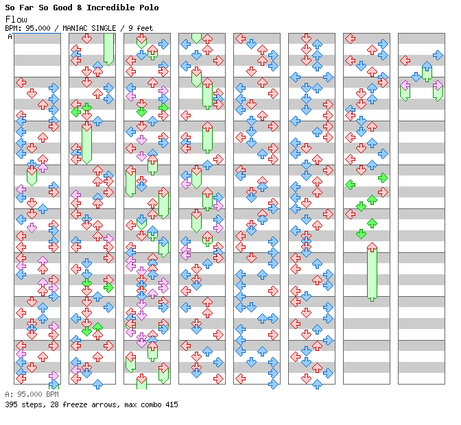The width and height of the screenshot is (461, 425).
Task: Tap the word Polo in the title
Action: (149, 8)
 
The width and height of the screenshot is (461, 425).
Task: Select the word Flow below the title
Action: (16, 20)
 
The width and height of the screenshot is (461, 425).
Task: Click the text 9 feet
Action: (141, 28)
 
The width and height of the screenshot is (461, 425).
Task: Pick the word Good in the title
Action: (62, 8)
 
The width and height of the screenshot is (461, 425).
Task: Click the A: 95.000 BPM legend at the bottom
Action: (32, 394)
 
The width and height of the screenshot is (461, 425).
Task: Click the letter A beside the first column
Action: (10, 36)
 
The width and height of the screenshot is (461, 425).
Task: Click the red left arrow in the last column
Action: (405, 61)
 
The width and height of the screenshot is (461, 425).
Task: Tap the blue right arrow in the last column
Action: (438, 56)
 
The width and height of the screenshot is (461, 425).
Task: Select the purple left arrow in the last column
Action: (405, 86)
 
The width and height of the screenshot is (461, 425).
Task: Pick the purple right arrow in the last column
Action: (438, 86)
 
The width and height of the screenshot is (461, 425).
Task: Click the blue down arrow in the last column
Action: (416, 77)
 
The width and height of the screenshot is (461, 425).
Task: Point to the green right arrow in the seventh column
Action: (383, 178)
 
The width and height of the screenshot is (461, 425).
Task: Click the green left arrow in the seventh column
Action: (350, 185)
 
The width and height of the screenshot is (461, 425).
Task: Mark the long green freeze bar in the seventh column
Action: (372, 272)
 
